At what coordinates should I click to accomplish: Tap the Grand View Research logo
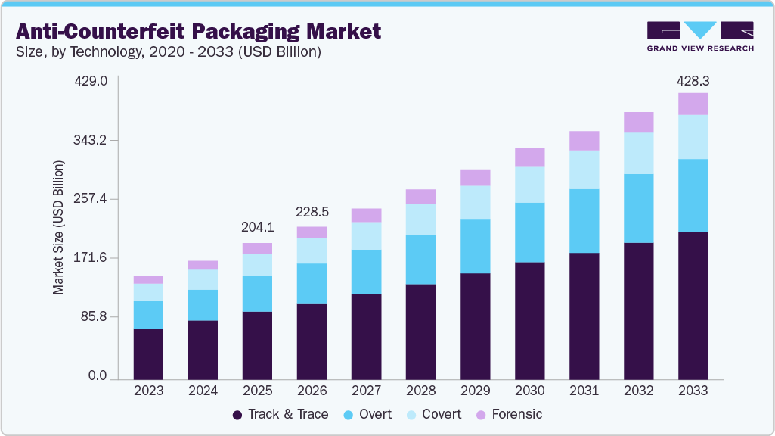click(699, 36)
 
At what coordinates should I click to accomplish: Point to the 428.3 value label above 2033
click(693, 80)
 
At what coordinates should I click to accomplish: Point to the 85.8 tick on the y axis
click(96, 316)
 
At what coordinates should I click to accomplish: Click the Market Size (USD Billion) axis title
click(57, 227)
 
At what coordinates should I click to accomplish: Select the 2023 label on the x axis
click(148, 391)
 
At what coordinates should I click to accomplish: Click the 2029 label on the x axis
click(475, 391)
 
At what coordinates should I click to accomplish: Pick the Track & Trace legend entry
click(280, 414)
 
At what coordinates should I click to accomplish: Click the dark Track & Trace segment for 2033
click(693, 305)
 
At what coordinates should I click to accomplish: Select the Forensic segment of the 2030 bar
click(529, 157)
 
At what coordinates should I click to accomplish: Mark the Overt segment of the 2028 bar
click(420, 260)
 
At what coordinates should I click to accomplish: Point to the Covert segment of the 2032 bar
click(638, 153)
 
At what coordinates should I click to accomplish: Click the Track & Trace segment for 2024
click(203, 349)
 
